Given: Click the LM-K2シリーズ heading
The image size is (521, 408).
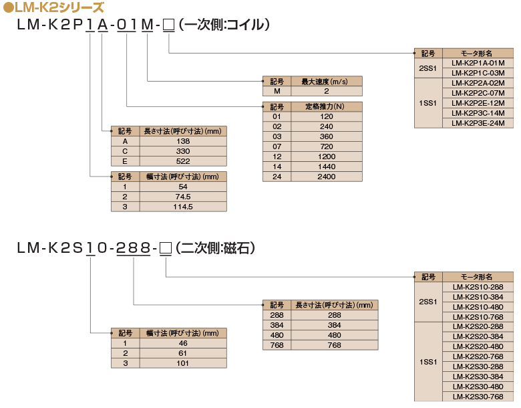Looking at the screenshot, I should [57, 8].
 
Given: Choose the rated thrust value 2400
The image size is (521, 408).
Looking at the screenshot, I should [326, 177].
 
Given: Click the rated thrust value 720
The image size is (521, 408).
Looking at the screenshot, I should [326, 146].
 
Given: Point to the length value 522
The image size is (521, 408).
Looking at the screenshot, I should [183, 161].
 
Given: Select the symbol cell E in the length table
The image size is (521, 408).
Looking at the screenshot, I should [125, 161].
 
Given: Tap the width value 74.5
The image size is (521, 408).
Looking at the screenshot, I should [183, 197].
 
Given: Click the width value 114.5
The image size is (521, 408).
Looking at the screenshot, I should [183, 207].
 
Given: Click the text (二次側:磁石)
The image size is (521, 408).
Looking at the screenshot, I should [215, 248].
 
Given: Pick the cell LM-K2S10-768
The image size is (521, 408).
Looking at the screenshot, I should [478, 317].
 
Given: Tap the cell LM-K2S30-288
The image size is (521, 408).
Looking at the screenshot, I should [478, 367].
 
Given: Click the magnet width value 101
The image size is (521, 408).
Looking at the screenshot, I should [183, 363].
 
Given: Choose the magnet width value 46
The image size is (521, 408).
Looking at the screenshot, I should [183, 343].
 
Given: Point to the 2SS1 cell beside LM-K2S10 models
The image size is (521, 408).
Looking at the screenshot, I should [427, 302].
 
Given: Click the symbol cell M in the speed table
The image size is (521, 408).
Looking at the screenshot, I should [277, 91].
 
